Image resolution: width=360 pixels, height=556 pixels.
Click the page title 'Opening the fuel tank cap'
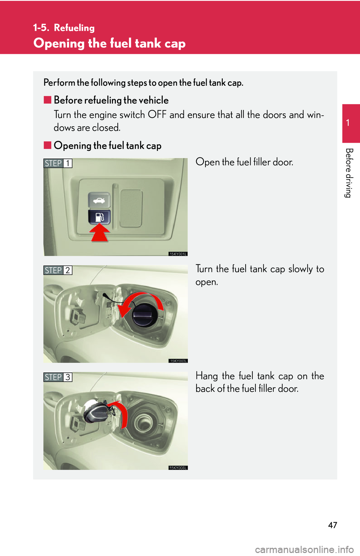coord(109,43)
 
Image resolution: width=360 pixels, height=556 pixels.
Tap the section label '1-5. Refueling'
coord(64,28)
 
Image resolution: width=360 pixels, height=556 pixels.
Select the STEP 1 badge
coord(58,163)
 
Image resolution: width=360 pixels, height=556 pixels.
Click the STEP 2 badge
coord(58,270)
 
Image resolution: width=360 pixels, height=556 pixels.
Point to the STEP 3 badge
coord(58,377)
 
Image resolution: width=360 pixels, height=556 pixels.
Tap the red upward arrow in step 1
coord(99,232)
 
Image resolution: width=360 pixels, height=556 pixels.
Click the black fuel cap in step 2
coord(144,314)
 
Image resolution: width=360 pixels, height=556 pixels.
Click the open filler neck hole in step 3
coord(144,423)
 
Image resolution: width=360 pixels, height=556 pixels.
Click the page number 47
coord(332,525)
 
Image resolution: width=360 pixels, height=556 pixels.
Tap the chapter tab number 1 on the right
coord(348,123)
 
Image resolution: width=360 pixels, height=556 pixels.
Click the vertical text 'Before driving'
coord(348,173)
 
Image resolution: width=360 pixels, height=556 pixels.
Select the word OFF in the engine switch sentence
coord(157,115)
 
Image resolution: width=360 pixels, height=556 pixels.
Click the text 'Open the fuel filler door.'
coord(244,162)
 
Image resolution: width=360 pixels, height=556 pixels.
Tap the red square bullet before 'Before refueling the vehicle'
coord(47,100)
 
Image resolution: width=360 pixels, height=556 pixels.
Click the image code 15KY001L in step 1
coord(178,254)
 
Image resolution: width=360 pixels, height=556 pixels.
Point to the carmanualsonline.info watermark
coord(304,550)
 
